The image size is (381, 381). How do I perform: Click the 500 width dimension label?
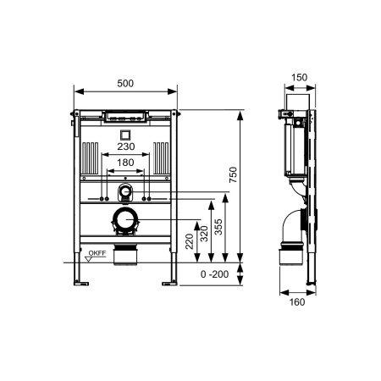[x=126, y=83]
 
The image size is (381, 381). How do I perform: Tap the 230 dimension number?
[x=125, y=146]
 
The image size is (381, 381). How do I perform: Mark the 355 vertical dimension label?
[x=219, y=227]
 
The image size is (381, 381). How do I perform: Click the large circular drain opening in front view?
[x=126, y=223]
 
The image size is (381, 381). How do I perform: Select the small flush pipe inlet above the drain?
[x=126, y=191]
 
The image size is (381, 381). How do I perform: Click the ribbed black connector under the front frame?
[x=126, y=251]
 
